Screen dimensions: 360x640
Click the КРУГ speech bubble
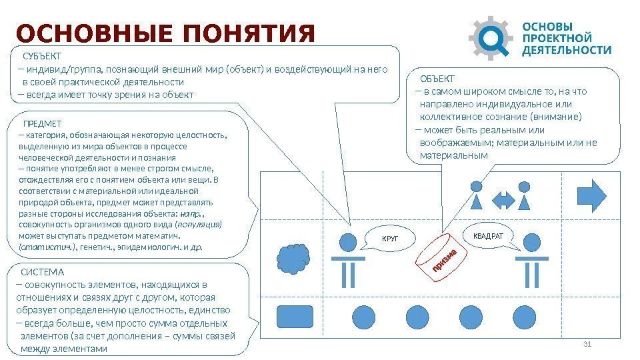[389, 238]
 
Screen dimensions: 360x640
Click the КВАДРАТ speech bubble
[488, 236]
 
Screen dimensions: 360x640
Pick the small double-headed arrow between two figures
[503, 199]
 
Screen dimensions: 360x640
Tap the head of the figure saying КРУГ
[347, 241]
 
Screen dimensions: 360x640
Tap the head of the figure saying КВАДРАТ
[532, 241]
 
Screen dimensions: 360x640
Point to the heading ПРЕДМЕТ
[42, 124]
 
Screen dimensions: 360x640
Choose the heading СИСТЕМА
[43, 272]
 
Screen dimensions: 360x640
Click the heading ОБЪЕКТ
[437, 79]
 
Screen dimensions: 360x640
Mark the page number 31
[587, 343]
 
